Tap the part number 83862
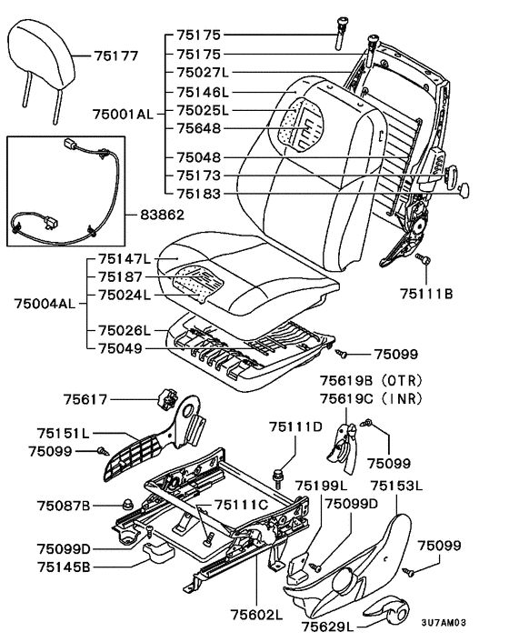[162, 215]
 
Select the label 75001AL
[123, 114]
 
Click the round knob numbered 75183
[464, 190]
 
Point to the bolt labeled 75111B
[423, 259]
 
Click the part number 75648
[199, 128]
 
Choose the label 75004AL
[45, 304]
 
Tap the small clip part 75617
[167, 398]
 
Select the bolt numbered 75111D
[278, 478]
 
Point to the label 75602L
[256, 615]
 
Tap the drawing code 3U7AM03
[444, 623]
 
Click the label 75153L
[396, 486]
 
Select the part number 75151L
[63, 433]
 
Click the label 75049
[120, 348]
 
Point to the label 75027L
[203, 73]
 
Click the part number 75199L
[321, 486]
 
